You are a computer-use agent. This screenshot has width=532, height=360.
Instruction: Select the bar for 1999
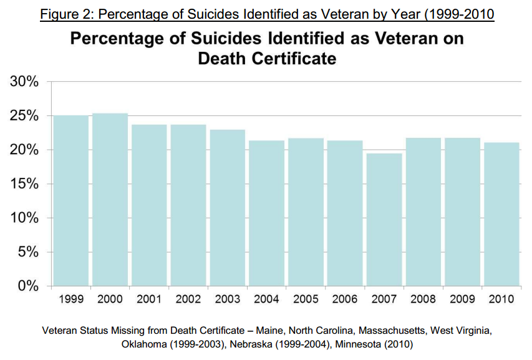(70, 200)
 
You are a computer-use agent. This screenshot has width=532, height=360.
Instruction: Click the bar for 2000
(110, 199)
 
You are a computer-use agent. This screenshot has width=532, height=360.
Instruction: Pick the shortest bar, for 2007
(384, 219)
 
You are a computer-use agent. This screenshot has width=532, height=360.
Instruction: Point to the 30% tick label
(24, 82)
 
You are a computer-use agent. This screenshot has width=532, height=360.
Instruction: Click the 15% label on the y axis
(24, 184)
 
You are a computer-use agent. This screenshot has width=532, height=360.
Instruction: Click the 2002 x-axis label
(188, 299)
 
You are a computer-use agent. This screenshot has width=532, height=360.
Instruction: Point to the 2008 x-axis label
(423, 299)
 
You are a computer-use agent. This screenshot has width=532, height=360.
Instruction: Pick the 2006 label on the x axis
(345, 299)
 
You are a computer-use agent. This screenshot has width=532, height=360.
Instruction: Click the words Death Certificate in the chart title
(267, 59)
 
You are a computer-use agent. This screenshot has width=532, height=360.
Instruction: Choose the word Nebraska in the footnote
(257, 343)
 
